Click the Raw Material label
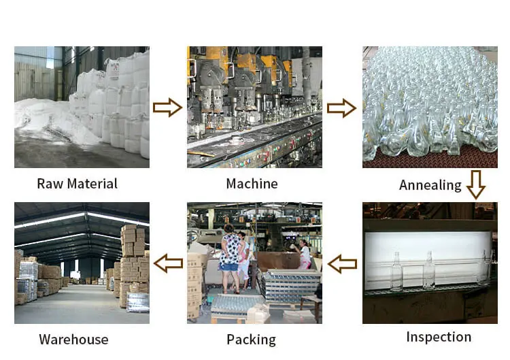click(77, 184)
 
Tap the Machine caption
click(252, 184)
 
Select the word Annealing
click(430, 185)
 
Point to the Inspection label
click(438, 337)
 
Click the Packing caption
click(252, 339)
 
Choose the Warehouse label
click(73, 339)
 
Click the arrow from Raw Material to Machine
click(167, 107)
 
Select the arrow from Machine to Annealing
click(341, 107)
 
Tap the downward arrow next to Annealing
click(475, 184)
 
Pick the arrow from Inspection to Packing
click(342, 262)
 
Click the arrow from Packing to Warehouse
click(168, 262)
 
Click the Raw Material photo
click(82, 107)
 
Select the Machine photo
click(254, 107)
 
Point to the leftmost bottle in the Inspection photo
click(396, 272)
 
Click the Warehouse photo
click(82, 263)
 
